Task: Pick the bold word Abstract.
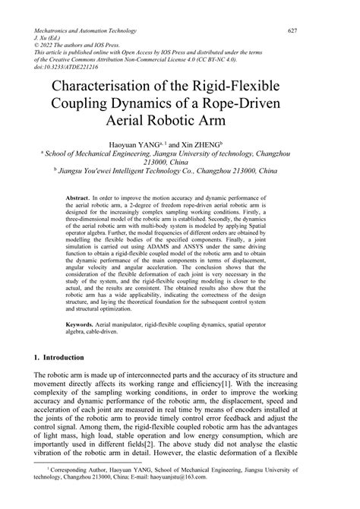click(x=78, y=196)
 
